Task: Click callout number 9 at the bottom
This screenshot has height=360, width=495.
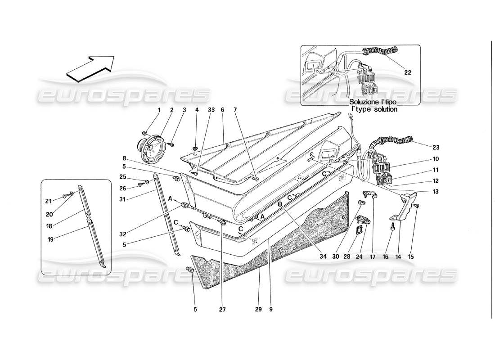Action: (271, 310)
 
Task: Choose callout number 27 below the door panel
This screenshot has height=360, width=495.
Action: (222, 310)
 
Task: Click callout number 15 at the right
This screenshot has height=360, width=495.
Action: (411, 257)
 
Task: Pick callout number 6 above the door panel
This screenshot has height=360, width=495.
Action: (222, 110)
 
